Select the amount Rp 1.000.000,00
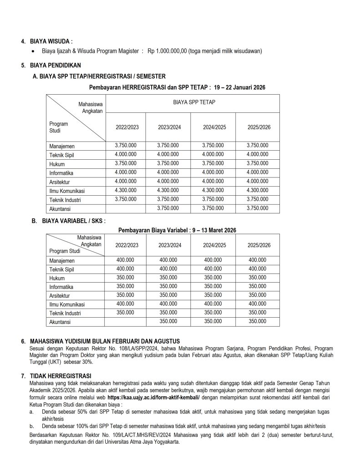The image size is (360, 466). pyautogui.click(x=167, y=51)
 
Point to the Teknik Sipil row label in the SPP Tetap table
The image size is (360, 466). pyautogui.click(x=62, y=155)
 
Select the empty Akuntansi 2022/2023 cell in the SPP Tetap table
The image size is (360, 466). pyautogui.click(x=125, y=208)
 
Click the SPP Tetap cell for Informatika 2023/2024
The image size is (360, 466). pyautogui.click(x=168, y=172)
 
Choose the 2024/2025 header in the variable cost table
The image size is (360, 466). pyautogui.click(x=214, y=245)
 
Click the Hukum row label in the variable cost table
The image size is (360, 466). pyautogui.click(x=57, y=278)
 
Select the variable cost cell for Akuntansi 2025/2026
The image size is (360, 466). pyautogui.click(x=257, y=321)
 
